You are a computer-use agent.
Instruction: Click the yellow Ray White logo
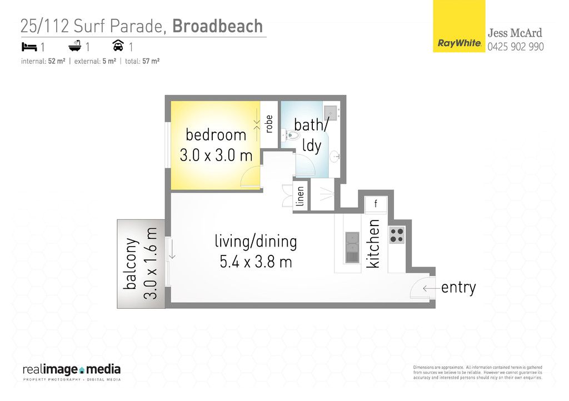click(458, 26)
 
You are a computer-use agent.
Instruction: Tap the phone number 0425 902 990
click(515, 47)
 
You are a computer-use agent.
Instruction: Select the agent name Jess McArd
click(515, 33)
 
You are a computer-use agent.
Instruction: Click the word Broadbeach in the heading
click(217, 26)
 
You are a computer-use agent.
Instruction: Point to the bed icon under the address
click(29, 47)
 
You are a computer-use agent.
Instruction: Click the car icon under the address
click(118, 46)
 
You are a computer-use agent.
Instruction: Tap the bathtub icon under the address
click(75, 46)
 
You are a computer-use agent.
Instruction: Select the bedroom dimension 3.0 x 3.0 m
click(216, 156)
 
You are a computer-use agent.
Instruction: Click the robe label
click(269, 124)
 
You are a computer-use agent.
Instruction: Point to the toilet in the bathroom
click(291, 136)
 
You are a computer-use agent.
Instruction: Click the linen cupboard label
click(300, 196)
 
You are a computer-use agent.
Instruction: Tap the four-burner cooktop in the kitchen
click(397, 234)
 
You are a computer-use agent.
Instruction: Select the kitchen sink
click(352, 248)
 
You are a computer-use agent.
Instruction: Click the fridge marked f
click(376, 204)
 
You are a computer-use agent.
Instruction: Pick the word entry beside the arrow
click(458, 288)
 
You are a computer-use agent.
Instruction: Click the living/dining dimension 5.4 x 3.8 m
click(256, 262)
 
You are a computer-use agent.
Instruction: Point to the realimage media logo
click(72, 372)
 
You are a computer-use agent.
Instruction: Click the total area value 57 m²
click(151, 61)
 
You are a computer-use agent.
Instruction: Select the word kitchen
click(373, 244)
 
